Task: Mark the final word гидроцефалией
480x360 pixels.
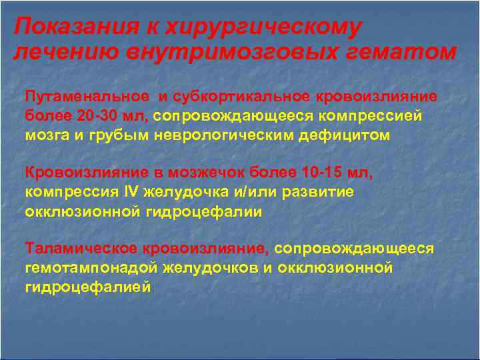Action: (x=89, y=287)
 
